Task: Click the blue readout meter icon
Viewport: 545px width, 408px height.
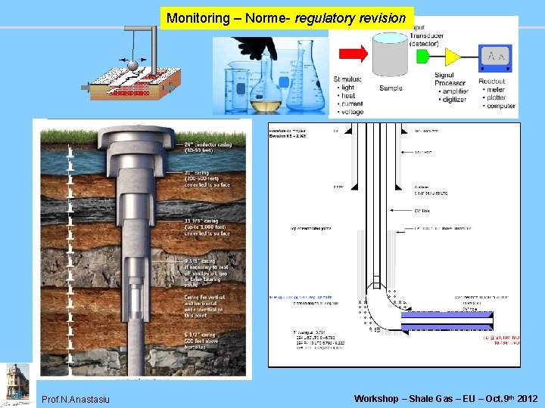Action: pyautogui.click(x=495, y=57)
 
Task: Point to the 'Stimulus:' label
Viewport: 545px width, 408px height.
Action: pyautogui.click(x=347, y=79)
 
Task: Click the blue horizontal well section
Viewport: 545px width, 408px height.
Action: pyautogui.click(x=447, y=321)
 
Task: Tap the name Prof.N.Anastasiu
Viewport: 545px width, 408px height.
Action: pyautogui.click(x=76, y=399)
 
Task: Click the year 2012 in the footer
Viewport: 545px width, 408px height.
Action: pyautogui.click(x=528, y=398)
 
